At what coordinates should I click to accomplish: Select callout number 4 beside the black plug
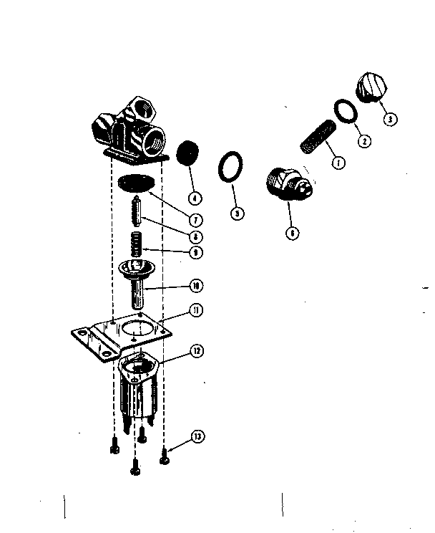pos(195,197)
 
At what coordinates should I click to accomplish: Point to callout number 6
pos(291,233)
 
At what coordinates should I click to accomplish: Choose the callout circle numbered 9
pos(195,251)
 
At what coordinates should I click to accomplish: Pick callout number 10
pos(195,285)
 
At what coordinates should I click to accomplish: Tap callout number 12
pos(195,351)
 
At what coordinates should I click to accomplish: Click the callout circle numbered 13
pos(195,437)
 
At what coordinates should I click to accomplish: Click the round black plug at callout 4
pos(187,152)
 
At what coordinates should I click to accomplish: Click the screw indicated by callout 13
pos(165,451)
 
